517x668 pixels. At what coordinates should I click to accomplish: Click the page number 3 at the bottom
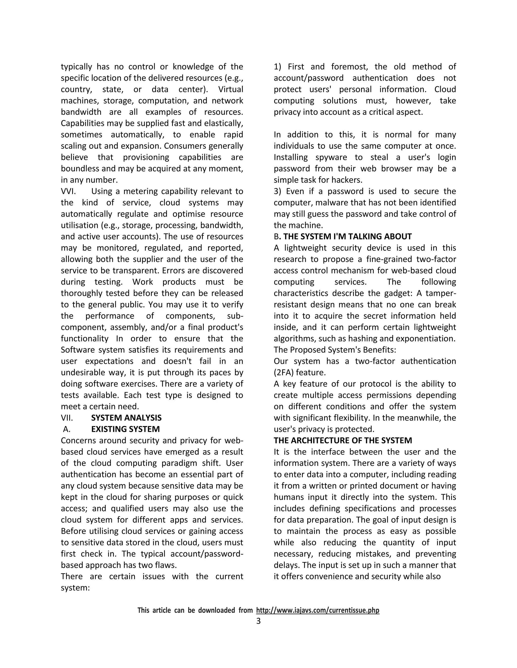tap(258, 621)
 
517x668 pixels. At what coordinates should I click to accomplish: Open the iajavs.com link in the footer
tap(318, 610)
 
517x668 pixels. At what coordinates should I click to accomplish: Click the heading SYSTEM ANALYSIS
tap(126, 418)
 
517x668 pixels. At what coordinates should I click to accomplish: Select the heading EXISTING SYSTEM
tap(125, 429)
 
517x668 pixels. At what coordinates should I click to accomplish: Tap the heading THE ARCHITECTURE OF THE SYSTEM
tap(343, 440)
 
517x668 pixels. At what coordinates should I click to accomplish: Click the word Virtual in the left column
tap(231, 89)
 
